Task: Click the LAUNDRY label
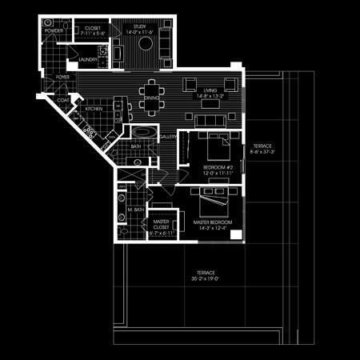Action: point(89,60)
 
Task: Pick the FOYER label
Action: point(62,77)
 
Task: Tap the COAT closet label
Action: point(62,100)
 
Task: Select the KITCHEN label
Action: point(94,108)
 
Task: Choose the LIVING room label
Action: point(210,90)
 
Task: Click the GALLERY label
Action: point(168,137)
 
